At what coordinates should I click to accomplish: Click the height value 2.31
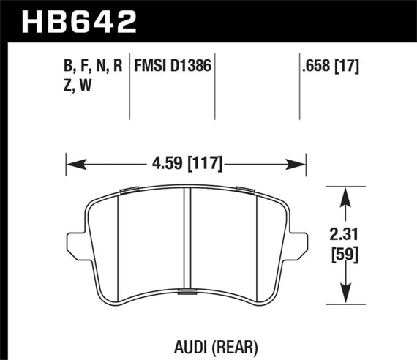point(344,236)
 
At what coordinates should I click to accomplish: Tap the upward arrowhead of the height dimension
point(344,191)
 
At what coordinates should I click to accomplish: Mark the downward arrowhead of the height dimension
point(344,299)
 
